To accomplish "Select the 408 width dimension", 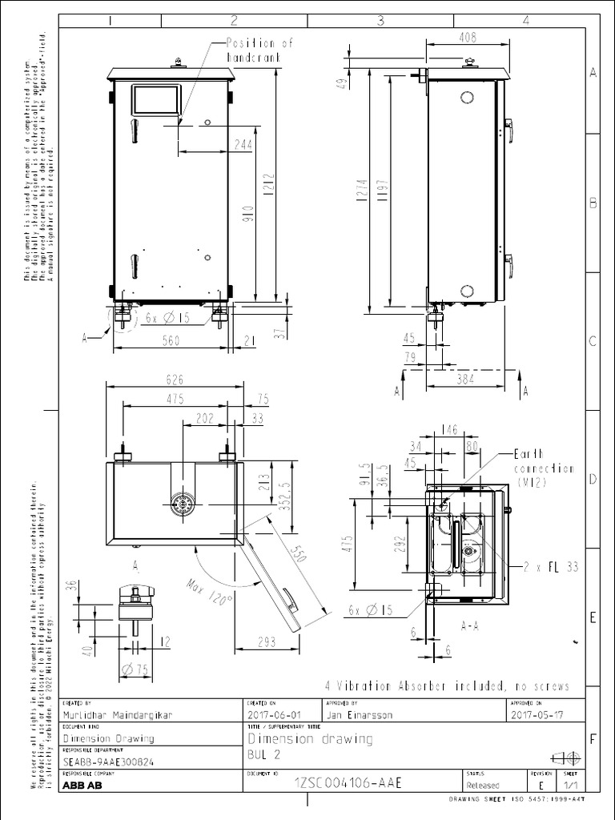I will tap(468, 36).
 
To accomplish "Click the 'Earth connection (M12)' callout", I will tap(544, 467).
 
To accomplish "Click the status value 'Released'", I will tap(482, 786).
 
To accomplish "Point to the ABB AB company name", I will tap(82, 786).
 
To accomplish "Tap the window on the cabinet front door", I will tap(155, 99).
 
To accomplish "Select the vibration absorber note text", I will tap(447, 686).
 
